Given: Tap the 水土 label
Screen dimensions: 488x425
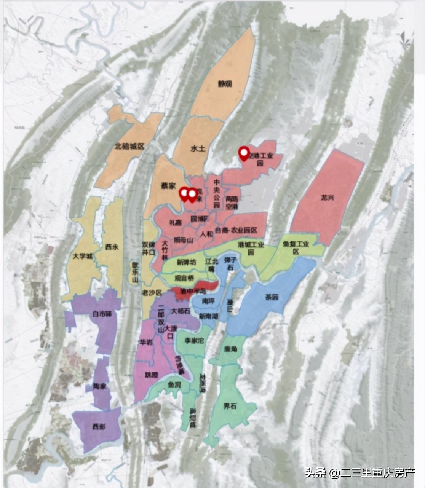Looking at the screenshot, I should coord(198,148).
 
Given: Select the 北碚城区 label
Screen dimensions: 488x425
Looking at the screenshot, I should coord(130,146).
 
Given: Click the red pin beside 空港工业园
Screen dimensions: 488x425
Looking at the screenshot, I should coord(244,153).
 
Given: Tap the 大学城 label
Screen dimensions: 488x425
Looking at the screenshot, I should coord(83,256).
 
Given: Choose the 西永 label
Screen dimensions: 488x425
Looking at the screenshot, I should coord(112,247).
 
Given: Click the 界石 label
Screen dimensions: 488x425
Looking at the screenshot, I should coord(230,406).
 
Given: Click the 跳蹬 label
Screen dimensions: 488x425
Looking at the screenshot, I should coord(151,375).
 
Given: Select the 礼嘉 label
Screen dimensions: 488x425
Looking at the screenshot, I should coord(175,223).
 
